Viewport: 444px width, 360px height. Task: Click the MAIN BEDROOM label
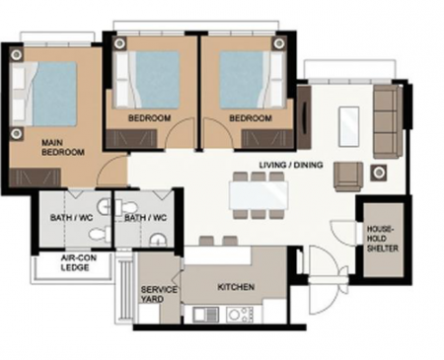pyautogui.click(x=63, y=148)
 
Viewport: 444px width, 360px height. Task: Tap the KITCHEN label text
pyautogui.click(x=236, y=287)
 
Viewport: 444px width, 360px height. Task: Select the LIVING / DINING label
pyautogui.click(x=291, y=165)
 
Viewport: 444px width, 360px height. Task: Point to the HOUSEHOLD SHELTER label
pyautogui.click(x=382, y=239)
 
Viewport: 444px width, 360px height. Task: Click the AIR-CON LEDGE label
pyautogui.click(x=78, y=262)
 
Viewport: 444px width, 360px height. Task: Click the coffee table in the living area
pyautogui.click(x=348, y=126)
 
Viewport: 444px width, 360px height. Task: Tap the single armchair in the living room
pyautogui.click(x=348, y=177)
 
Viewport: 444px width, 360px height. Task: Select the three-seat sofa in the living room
pyautogui.click(x=388, y=121)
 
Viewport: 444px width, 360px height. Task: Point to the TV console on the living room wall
pyautogui.click(x=304, y=117)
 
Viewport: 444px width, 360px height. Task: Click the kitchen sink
pyautogui.click(x=205, y=315)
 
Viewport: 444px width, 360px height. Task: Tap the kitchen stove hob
pyautogui.click(x=240, y=315)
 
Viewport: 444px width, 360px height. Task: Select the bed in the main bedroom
pyautogui.click(x=44, y=94)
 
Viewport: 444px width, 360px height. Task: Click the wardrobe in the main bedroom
pyautogui.click(x=35, y=178)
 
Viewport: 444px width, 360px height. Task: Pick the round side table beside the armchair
pyautogui.click(x=379, y=173)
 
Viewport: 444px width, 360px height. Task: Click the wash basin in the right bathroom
pyautogui.click(x=158, y=241)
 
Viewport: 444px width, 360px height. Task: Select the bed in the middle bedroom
pyautogui.click(x=147, y=80)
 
